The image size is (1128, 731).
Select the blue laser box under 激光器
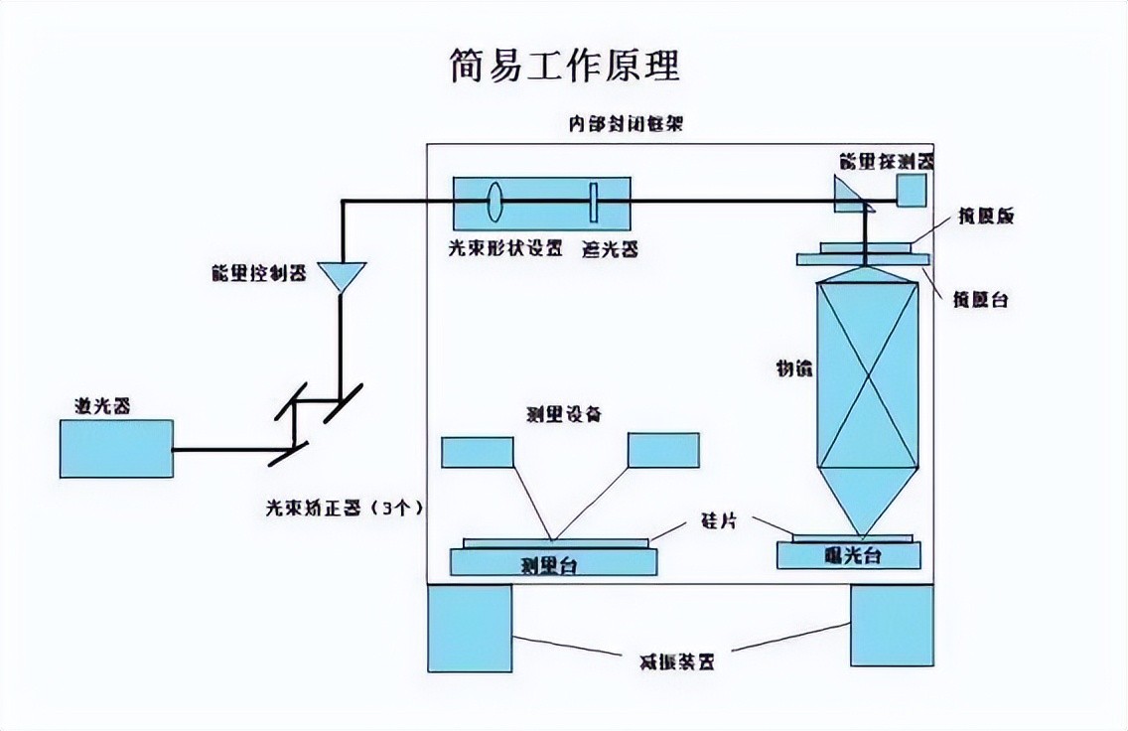tap(116, 449)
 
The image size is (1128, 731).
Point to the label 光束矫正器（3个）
tap(344, 508)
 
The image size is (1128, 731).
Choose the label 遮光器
tap(609, 249)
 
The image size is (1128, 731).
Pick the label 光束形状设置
tap(505, 249)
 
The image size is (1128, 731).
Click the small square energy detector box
tap(912, 191)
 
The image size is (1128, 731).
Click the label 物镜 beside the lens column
tap(794, 368)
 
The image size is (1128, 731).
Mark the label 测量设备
tap(563, 414)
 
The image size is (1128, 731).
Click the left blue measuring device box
tap(478, 451)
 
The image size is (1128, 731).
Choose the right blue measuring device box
tap(663, 450)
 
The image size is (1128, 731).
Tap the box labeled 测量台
tap(553, 563)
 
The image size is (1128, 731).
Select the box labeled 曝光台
tap(847, 555)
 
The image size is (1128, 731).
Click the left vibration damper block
tap(470, 628)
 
